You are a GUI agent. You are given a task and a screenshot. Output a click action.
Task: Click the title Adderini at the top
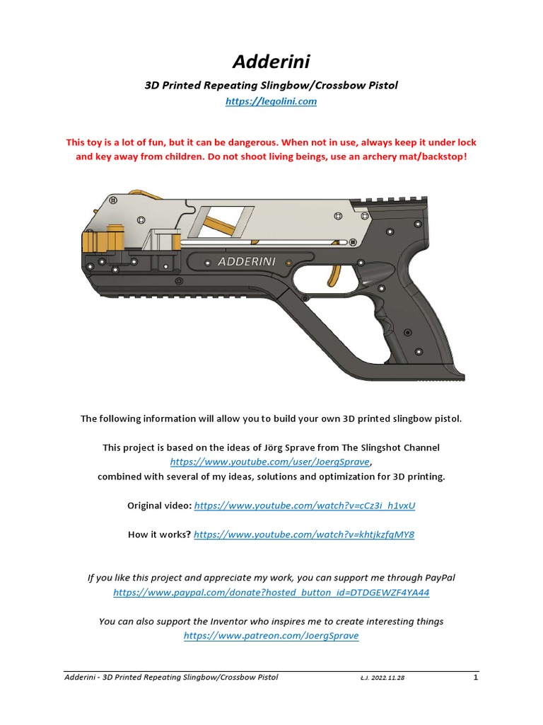point(271,64)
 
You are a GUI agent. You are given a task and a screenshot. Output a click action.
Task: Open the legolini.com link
point(271,102)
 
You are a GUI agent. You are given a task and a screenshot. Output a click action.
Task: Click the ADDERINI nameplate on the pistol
point(247,261)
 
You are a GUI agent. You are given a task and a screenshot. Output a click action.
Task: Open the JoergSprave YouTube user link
point(270,462)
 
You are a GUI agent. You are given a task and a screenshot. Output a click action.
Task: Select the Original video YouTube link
point(304,506)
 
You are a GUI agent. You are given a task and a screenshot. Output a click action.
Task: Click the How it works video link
point(304,535)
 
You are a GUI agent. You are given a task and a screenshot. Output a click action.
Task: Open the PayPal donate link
point(271,592)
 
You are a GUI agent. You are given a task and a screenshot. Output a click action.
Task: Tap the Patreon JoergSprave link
point(271,636)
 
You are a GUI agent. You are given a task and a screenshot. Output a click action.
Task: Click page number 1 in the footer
point(476,678)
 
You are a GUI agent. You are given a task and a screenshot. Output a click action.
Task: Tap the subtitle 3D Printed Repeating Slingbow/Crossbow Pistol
point(271,86)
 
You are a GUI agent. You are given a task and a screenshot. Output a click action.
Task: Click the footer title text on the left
point(170,678)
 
